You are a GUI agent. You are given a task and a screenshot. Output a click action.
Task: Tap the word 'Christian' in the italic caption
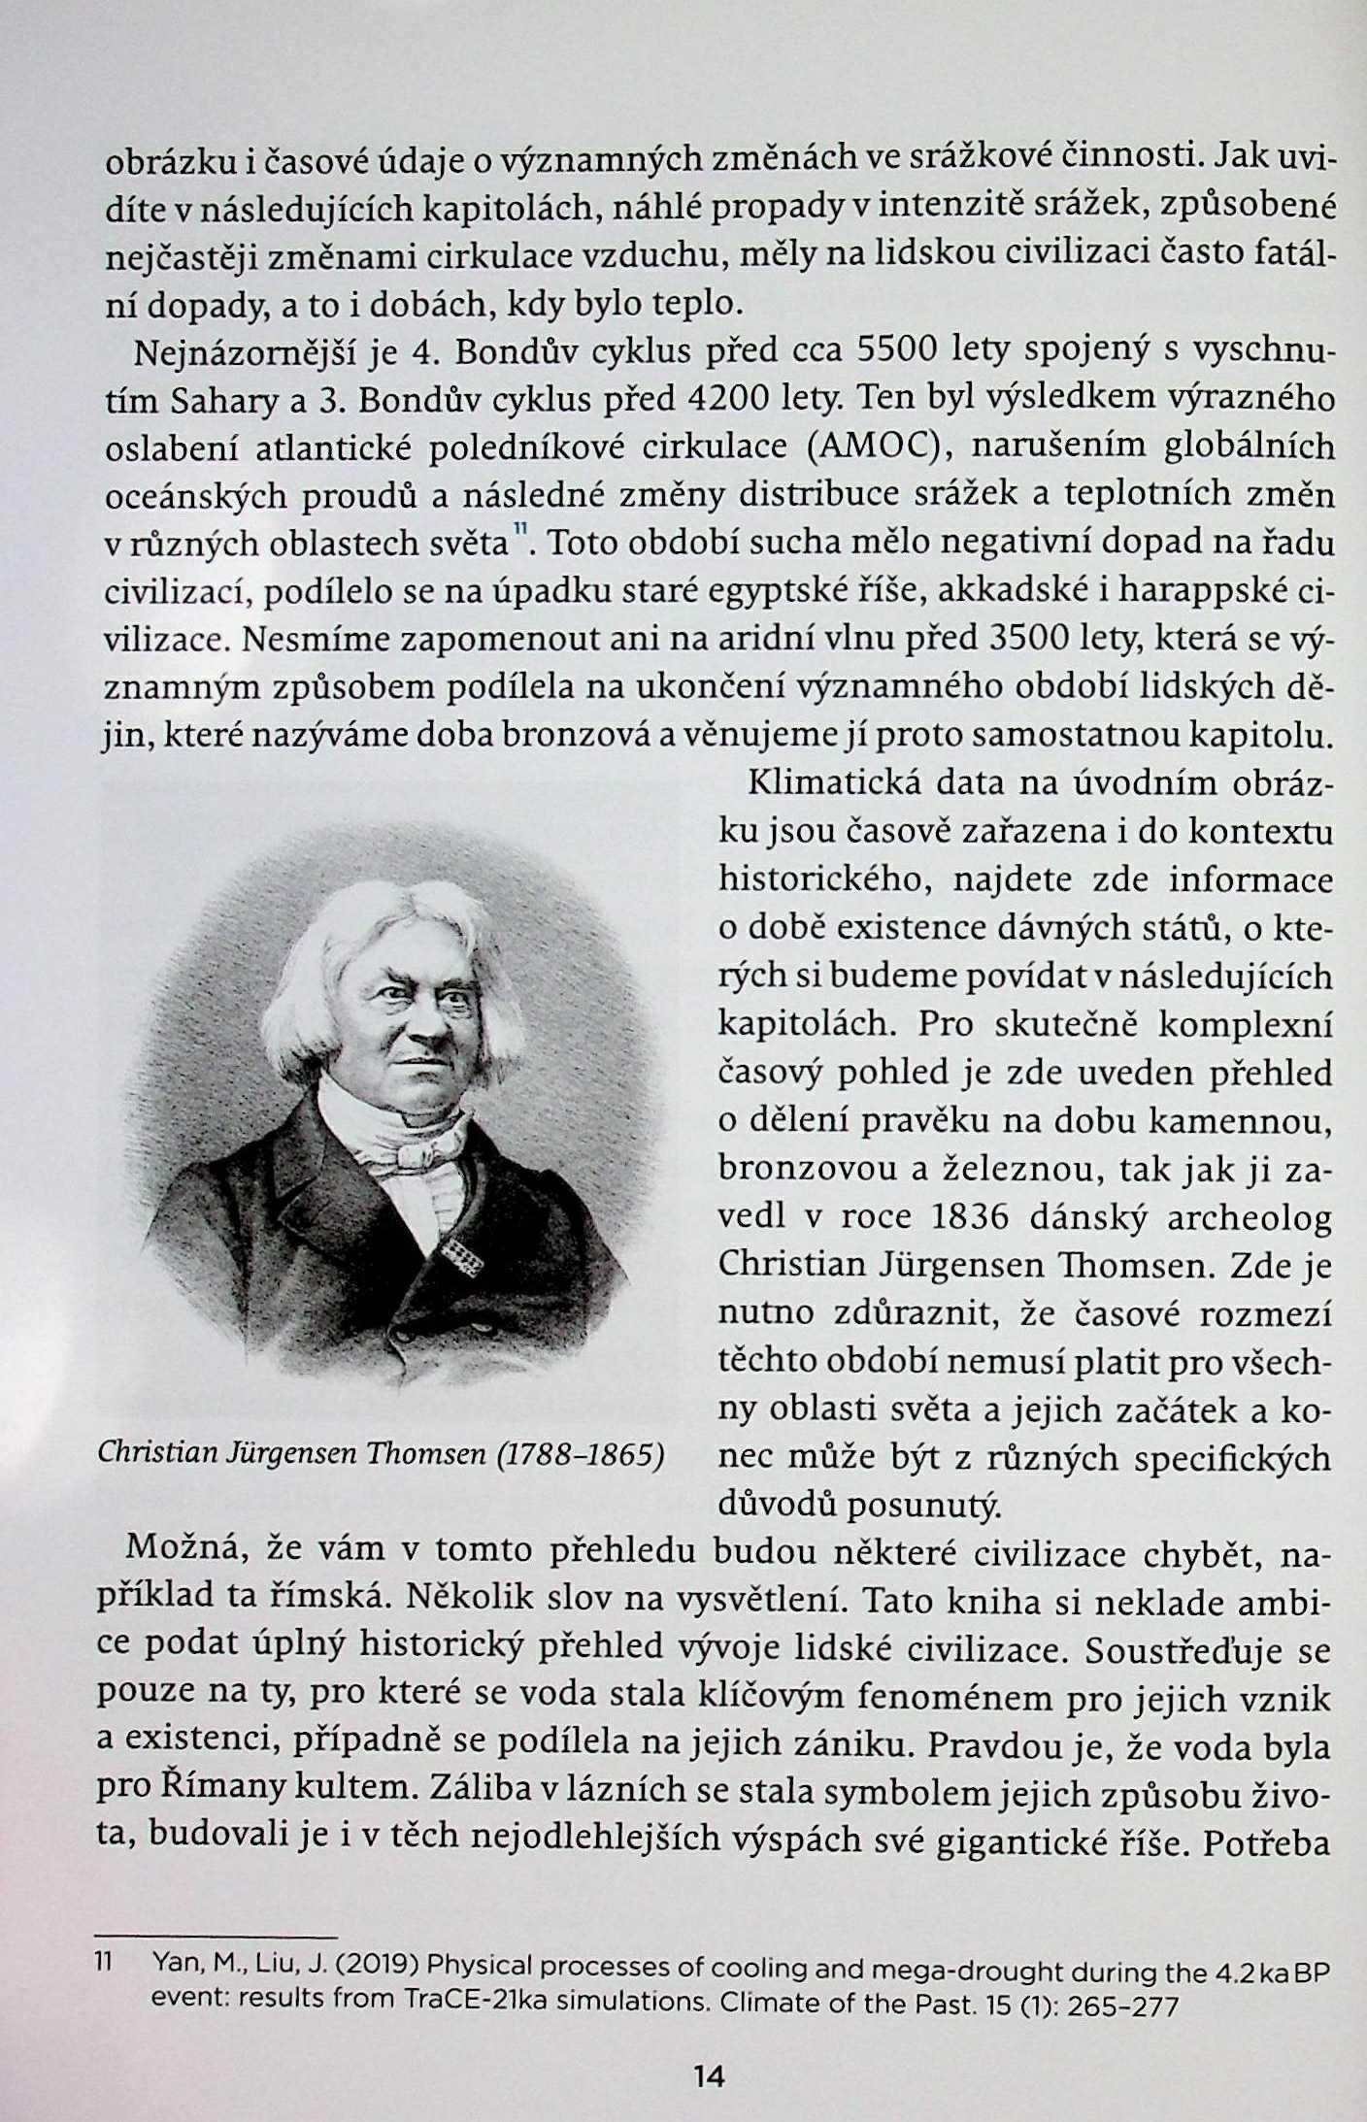[158, 1454]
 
